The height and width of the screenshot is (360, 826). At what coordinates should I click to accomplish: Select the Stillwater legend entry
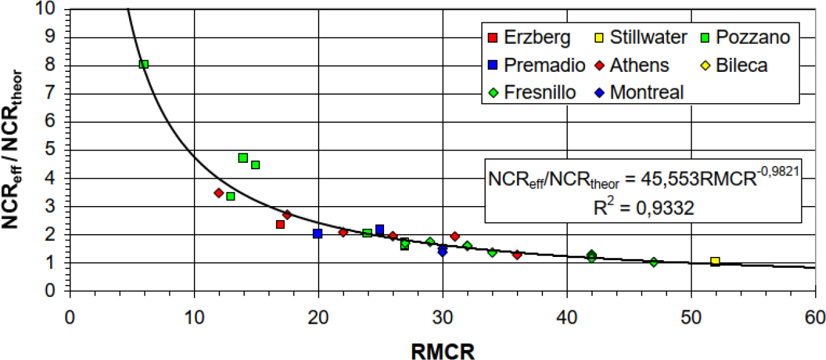pyautogui.click(x=640, y=38)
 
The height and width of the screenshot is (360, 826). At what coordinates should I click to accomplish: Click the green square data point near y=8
pyautogui.click(x=144, y=64)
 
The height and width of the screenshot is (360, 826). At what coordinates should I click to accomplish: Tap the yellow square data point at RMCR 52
pyautogui.click(x=715, y=261)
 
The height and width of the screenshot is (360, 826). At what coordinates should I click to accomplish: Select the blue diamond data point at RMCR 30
pyautogui.click(x=443, y=251)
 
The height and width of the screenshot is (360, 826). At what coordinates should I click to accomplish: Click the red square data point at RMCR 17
pyautogui.click(x=280, y=225)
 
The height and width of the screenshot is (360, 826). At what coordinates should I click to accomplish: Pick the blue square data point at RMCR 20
pyautogui.click(x=318, y=233)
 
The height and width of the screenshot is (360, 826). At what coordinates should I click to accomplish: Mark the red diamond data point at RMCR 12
pyautogui.click(x=219, y=193)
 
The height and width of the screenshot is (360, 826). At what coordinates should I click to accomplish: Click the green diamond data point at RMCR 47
pyautogui.click(x=653, y=262)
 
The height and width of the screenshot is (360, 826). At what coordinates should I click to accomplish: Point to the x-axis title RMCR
pyautogui.click(x=441, y=349)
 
